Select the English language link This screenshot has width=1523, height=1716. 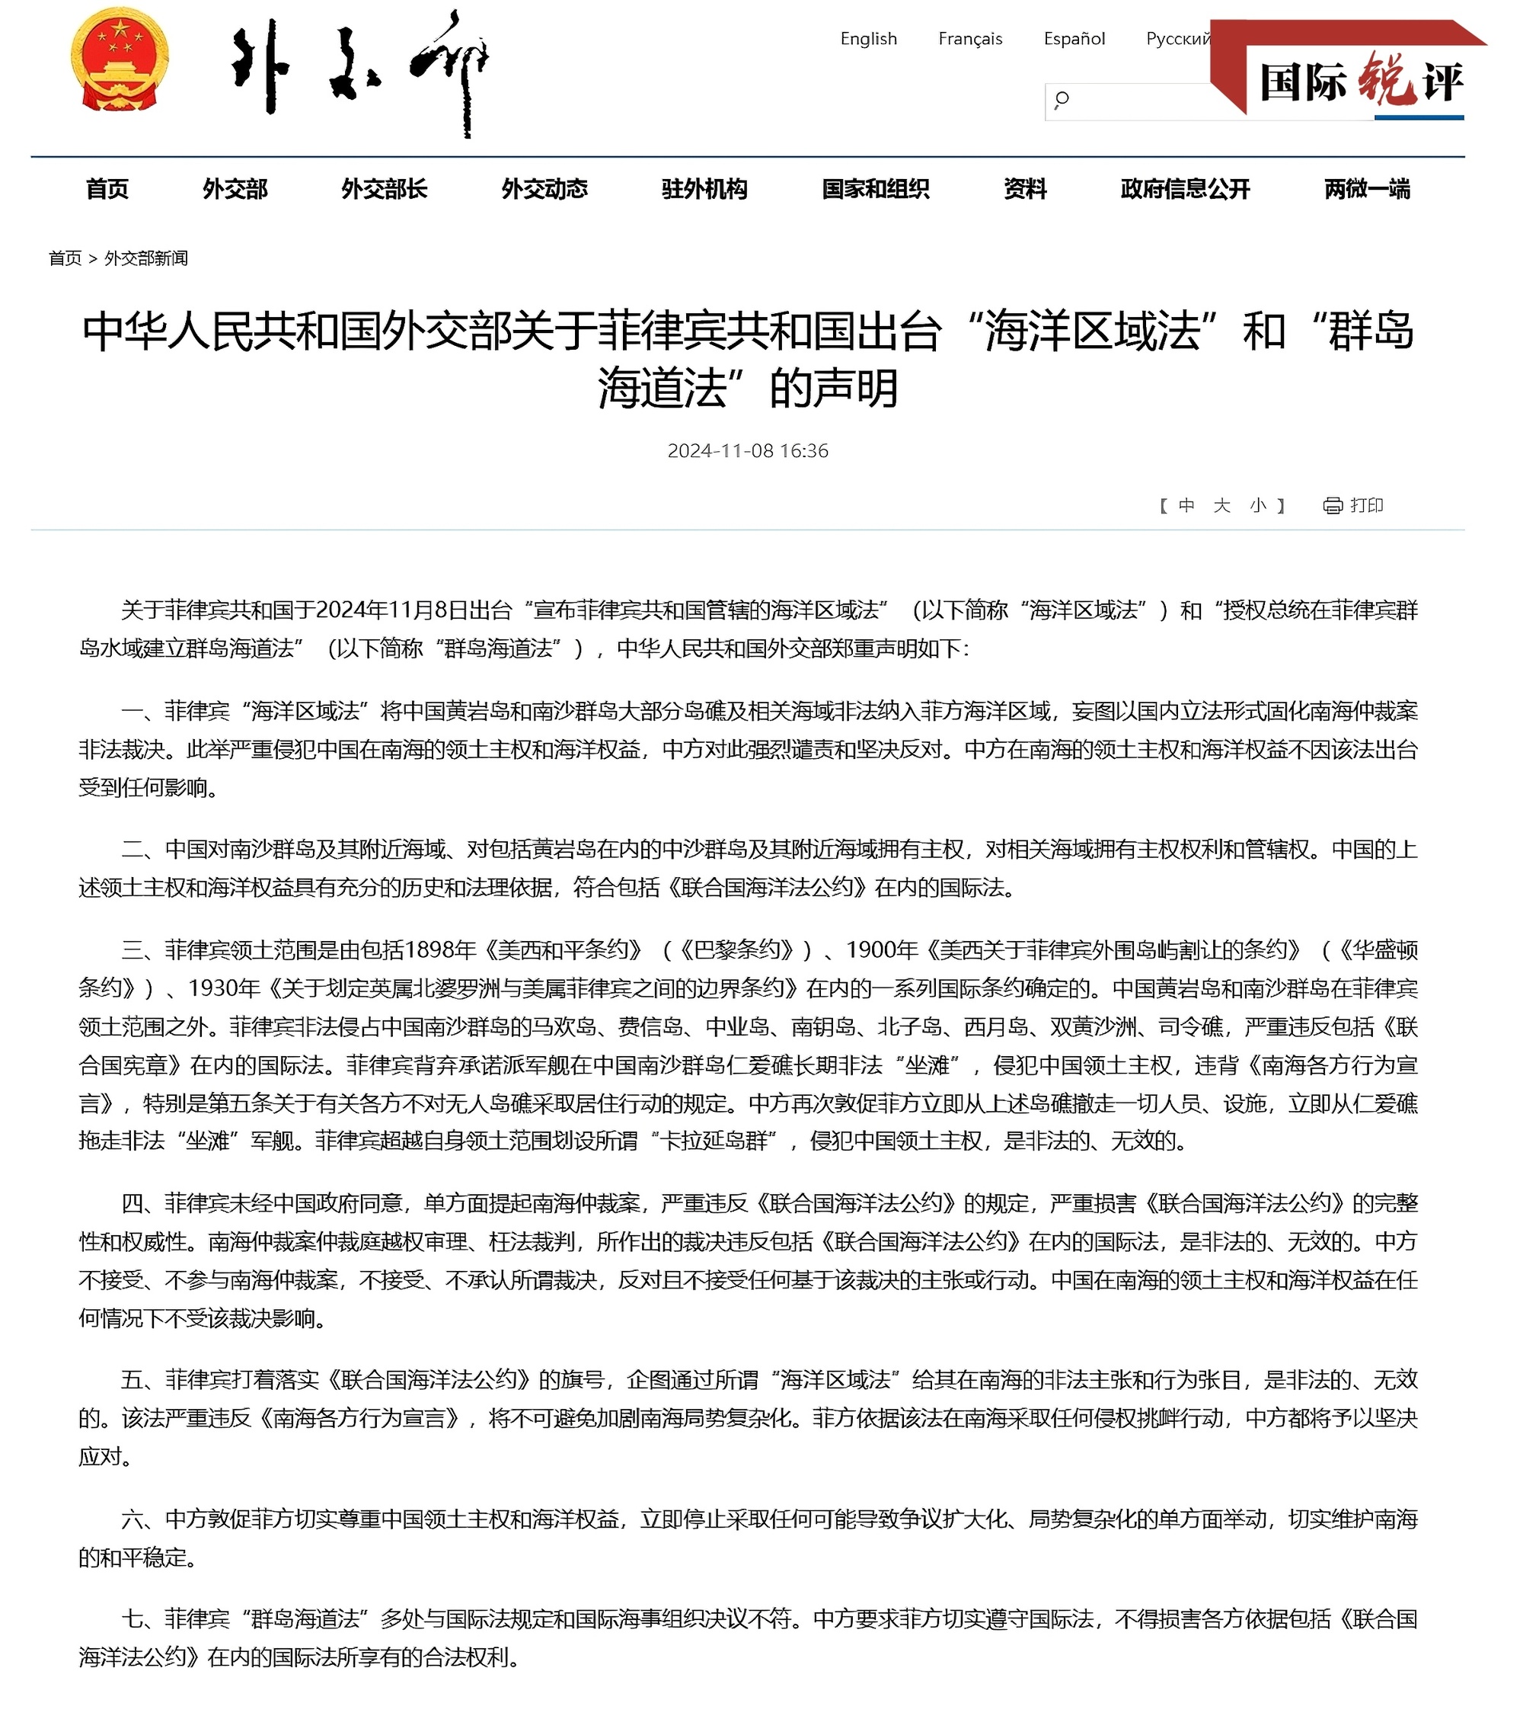(868, 39)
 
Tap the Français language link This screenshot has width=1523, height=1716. (970, 39)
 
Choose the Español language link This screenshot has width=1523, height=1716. (1074, 39)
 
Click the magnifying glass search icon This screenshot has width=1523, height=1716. (1062, 100)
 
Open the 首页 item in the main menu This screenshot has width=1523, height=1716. (107, 189)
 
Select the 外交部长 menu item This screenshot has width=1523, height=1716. (385, 189)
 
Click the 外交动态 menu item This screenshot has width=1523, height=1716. (544, 189)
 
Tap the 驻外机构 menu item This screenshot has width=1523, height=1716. (704, 189)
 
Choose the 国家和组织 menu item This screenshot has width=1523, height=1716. (875, 189)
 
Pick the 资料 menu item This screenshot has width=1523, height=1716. (1026, 189)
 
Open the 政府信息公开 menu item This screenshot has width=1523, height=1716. (1185, 189)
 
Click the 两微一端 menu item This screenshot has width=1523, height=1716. (1367, 189)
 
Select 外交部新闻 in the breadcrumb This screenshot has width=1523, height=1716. (146, 258)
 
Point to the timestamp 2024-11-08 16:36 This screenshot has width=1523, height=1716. (748, 451)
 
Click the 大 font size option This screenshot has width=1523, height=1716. (1221, 505)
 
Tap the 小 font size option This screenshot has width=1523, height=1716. (1257, 505)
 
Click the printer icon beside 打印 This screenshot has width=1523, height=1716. (1333, 505)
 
